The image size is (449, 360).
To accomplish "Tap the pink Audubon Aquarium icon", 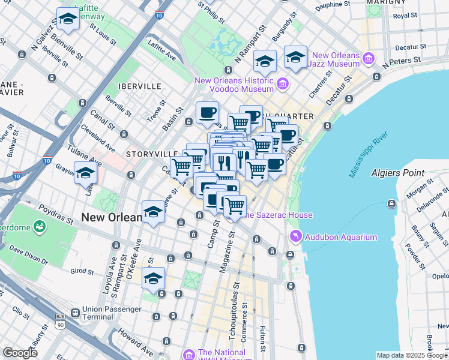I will point(295,237).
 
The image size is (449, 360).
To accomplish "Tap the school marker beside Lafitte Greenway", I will point(68,19).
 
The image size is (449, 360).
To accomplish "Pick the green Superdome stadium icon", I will point(40,227).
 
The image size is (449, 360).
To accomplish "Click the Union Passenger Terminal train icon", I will point(75,313).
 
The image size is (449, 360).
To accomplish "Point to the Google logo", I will point(20,353).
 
